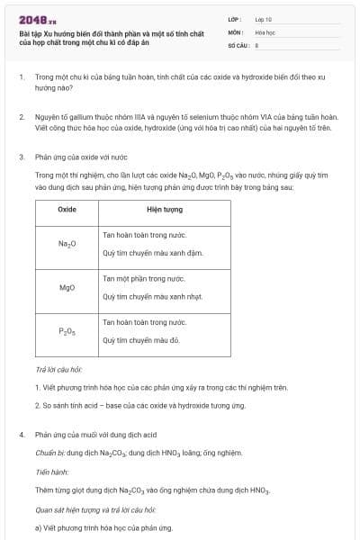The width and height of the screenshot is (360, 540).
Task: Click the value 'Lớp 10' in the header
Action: (264, 19)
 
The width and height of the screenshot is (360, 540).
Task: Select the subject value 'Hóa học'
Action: (265, 31)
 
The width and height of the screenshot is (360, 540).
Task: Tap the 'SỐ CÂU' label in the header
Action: (238, 44)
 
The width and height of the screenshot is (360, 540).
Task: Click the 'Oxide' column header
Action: (67, 209)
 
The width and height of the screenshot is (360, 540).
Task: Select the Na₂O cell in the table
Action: (67, 244)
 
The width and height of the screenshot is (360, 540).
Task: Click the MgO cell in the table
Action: (67, 288)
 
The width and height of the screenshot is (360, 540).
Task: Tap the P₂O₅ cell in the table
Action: (67, 331)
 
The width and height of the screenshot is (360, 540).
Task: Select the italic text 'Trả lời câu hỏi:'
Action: (58, 370)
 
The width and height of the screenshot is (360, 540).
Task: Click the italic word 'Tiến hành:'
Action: (53, 471)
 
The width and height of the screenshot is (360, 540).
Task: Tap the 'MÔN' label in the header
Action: (234, 31)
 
